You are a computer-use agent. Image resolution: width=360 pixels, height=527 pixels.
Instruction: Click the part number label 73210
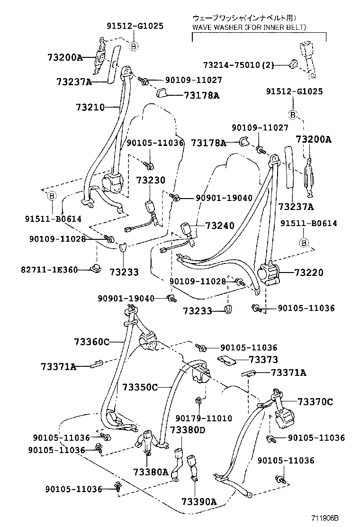pos(90,107)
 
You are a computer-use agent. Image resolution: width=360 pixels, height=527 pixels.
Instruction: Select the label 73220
pos(309,273)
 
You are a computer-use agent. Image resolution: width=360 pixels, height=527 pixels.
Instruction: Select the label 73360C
pos(91,341)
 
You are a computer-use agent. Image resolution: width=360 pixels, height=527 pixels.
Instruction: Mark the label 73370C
pos(315,402)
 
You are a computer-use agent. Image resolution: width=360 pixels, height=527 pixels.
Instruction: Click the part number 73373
pos(263,360)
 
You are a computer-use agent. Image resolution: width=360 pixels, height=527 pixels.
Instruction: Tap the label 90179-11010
pos(204,418)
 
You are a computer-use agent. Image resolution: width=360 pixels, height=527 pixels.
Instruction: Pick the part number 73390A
pos(198,502)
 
